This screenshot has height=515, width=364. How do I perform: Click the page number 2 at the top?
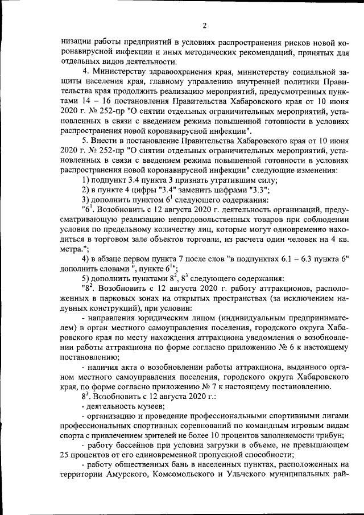click(x=204, y=26)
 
